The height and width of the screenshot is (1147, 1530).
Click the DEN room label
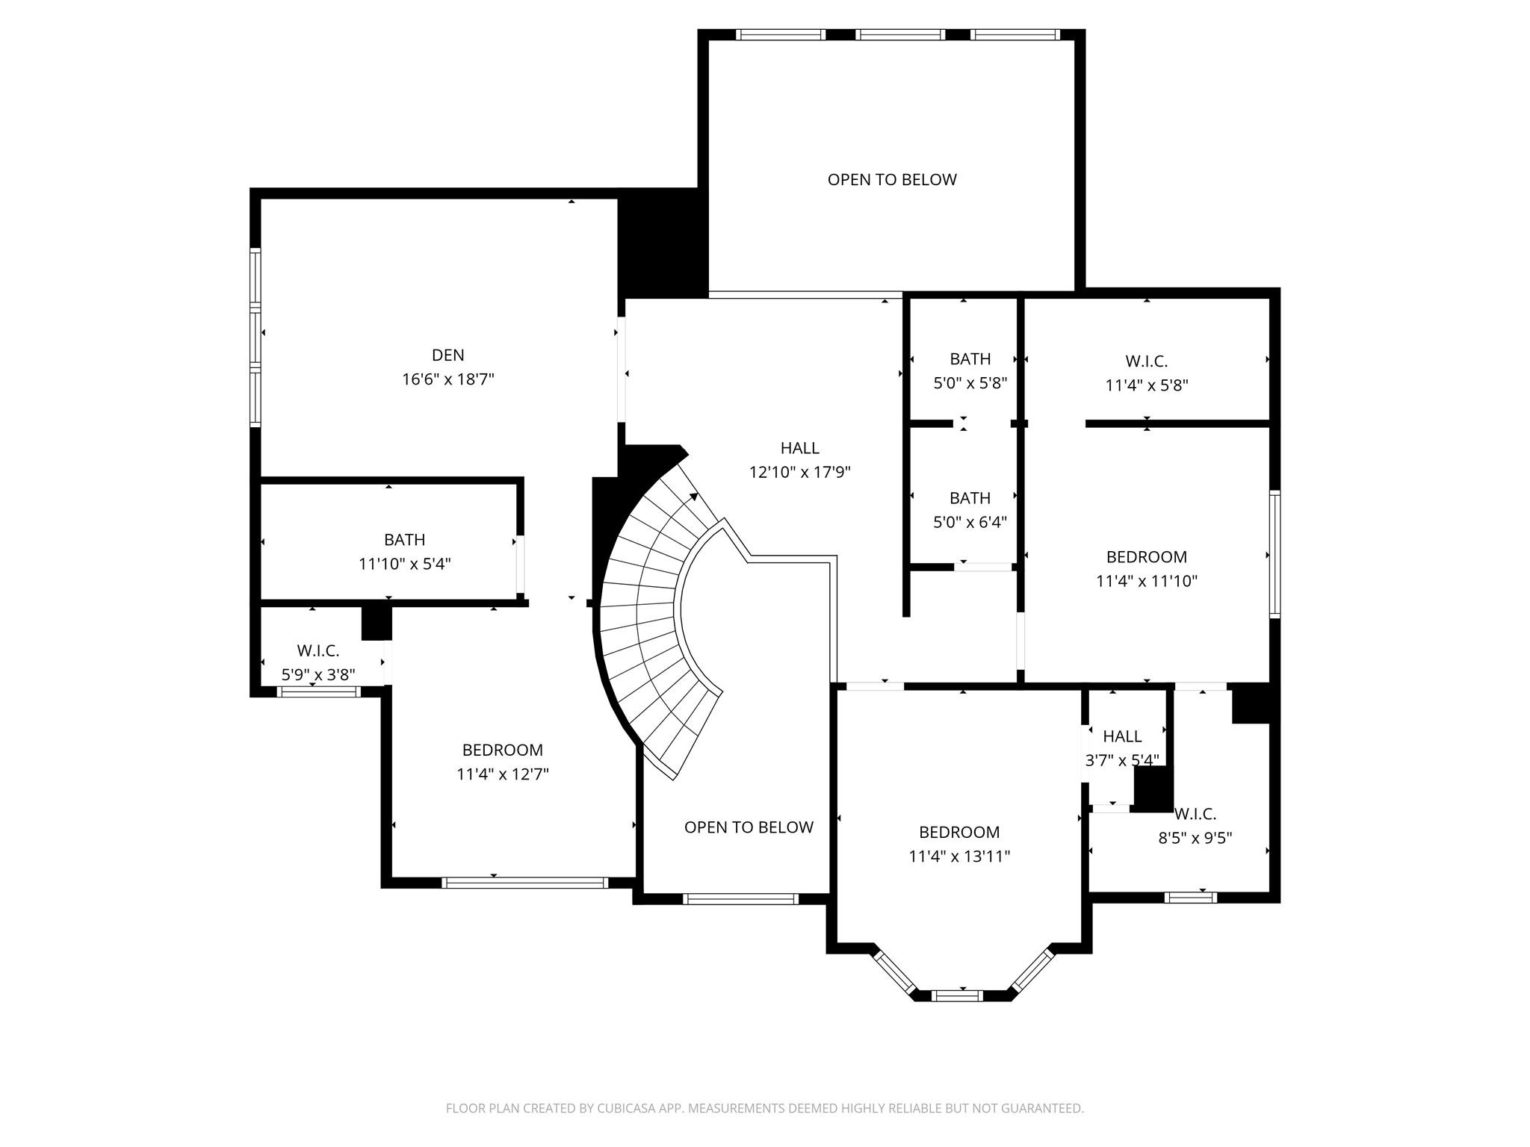pyautogui.click(x=447, y=355)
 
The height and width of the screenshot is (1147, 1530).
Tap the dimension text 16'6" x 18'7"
pyautogui.click(x=447, y=379)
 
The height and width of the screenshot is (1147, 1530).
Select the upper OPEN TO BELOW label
pyautogui.click(x=891, y=179)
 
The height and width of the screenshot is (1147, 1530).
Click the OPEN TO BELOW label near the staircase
pyautogui.click(x=748, y=827)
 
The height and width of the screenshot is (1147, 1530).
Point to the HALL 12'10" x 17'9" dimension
pyautogui.click(x=799, y=472)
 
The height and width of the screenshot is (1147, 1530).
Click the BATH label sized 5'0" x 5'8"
pyautogui.click(x=970, y=359)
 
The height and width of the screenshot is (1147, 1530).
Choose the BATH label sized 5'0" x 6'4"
pyautogui.click(x=970, y=498)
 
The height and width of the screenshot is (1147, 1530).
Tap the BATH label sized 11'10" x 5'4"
pyautogui.click(x=404, y=539)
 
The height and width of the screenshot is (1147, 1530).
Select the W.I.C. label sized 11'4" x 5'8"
pyautogui.click(x=1146, y=361)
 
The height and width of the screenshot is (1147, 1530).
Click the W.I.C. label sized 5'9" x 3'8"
pyautogui.click(x=318, y=650)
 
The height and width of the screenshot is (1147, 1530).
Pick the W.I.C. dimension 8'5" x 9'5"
pyautogui.click(x=1195, y=838)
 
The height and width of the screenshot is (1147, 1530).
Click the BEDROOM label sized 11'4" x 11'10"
pyautogui.click(x=1146, y=557)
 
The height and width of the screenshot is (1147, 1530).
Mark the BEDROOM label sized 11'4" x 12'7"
pyautogui.click(x=502, y=750)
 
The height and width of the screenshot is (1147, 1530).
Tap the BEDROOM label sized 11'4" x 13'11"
pyautogui.click(x=958, y=832)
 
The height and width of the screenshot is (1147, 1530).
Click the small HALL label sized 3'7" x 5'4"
pyautogui.click(x=1121, y=736)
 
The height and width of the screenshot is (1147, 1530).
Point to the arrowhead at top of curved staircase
pyautogui.click(x=694, y=497)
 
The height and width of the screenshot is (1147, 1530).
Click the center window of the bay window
pyautogui.click(x=957, y=995)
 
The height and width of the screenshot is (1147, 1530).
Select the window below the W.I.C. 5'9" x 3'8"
pyautogui.click(x=318, y=692)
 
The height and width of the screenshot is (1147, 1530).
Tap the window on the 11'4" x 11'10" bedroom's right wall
pyautogui.click(x=1275, y=554)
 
